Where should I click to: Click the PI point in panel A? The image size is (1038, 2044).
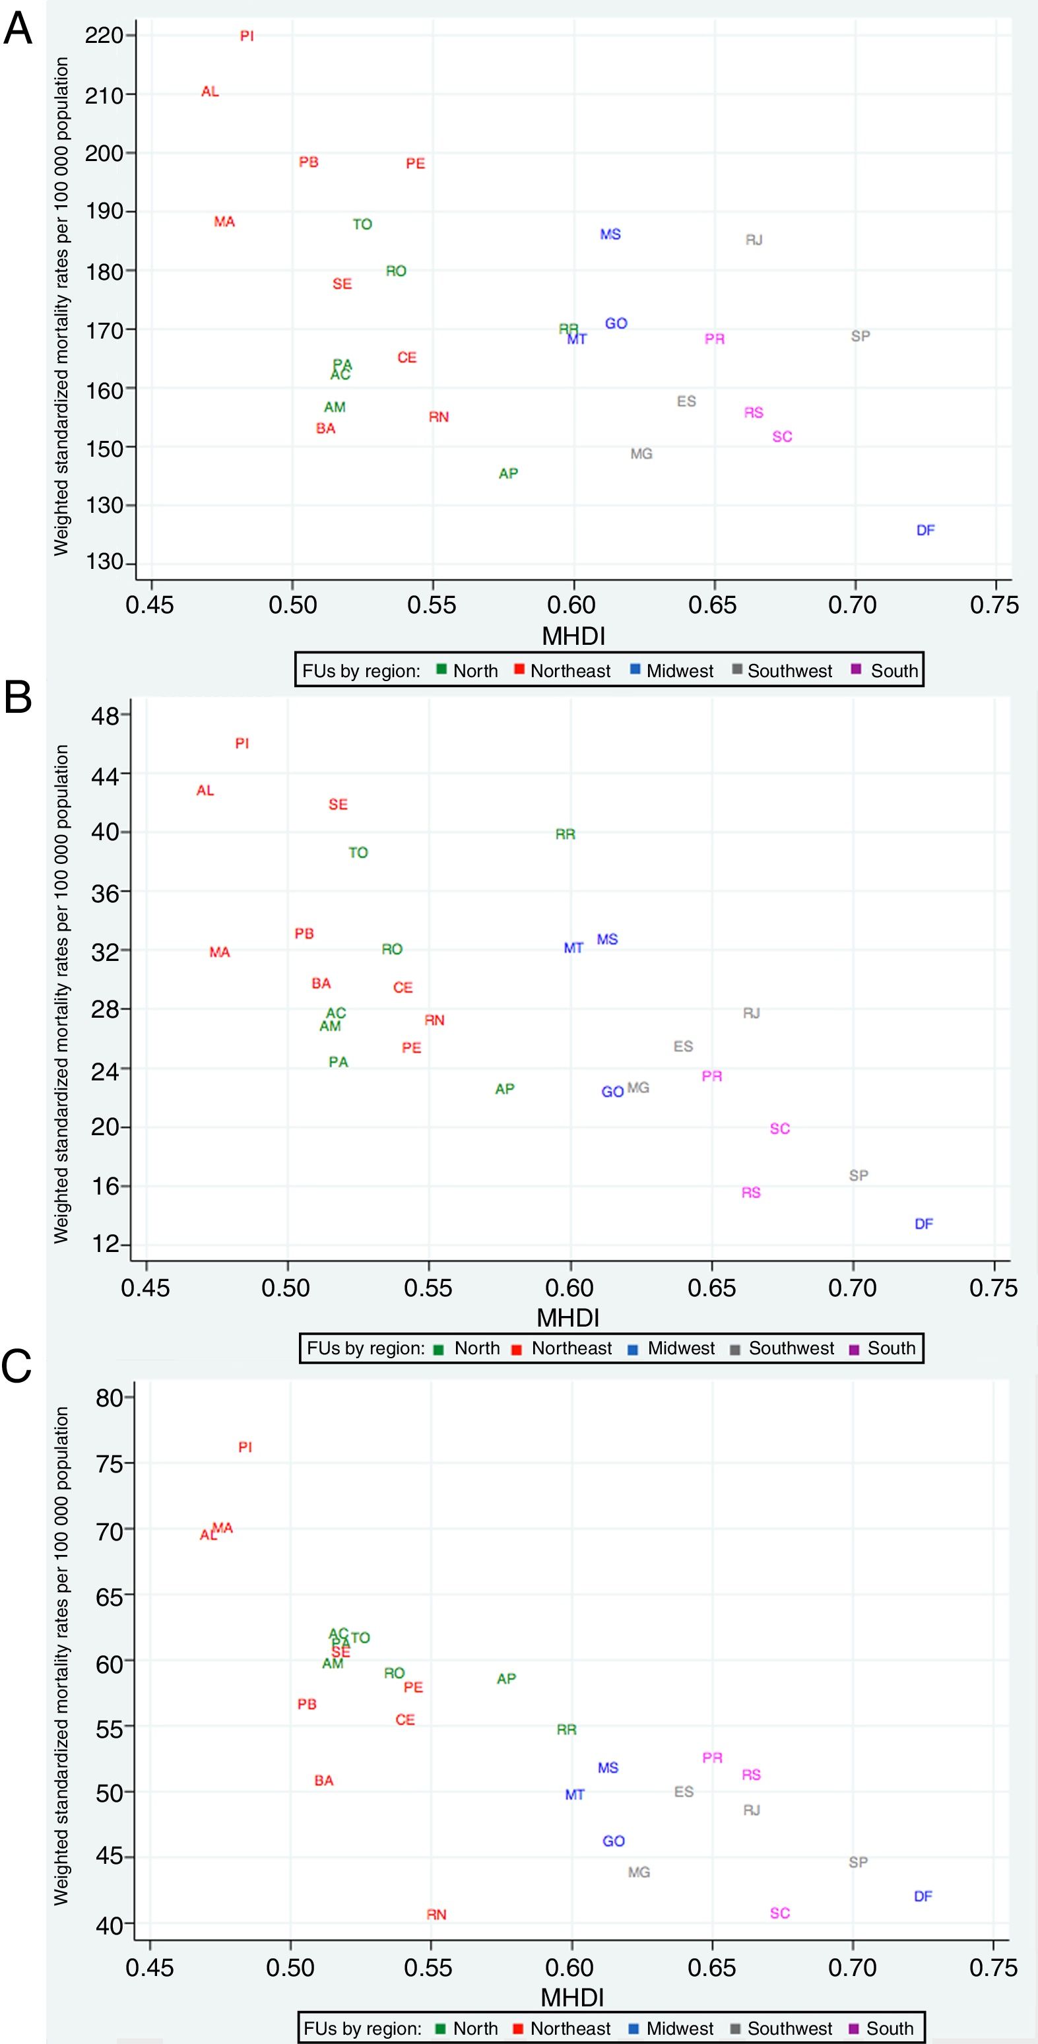coord(247,36)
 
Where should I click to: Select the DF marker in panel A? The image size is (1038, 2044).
coord(925,530)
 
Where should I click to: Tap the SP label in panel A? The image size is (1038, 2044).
coord(860,336)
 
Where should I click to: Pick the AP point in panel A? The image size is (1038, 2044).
coord(508,474)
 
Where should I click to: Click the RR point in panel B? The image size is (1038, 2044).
coord(565,834)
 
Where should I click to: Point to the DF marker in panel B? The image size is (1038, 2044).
coord(924,1224)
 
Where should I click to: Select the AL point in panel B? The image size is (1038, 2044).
coord(205,790)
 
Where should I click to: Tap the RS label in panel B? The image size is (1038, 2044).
coord(751,1193)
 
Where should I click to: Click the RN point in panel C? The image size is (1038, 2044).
coord(436,1915)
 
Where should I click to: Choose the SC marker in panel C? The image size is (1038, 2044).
coord(780,1913)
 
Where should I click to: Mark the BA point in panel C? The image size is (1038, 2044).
coord(324,1781)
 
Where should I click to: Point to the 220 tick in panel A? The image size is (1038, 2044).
coord(104,36)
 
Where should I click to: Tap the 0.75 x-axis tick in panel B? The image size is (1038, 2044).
coord(992,1287)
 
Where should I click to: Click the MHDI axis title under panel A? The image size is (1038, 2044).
coord(573,636)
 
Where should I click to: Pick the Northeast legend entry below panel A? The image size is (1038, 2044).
coord(569,671)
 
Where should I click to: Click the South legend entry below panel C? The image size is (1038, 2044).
coord(890,2028)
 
